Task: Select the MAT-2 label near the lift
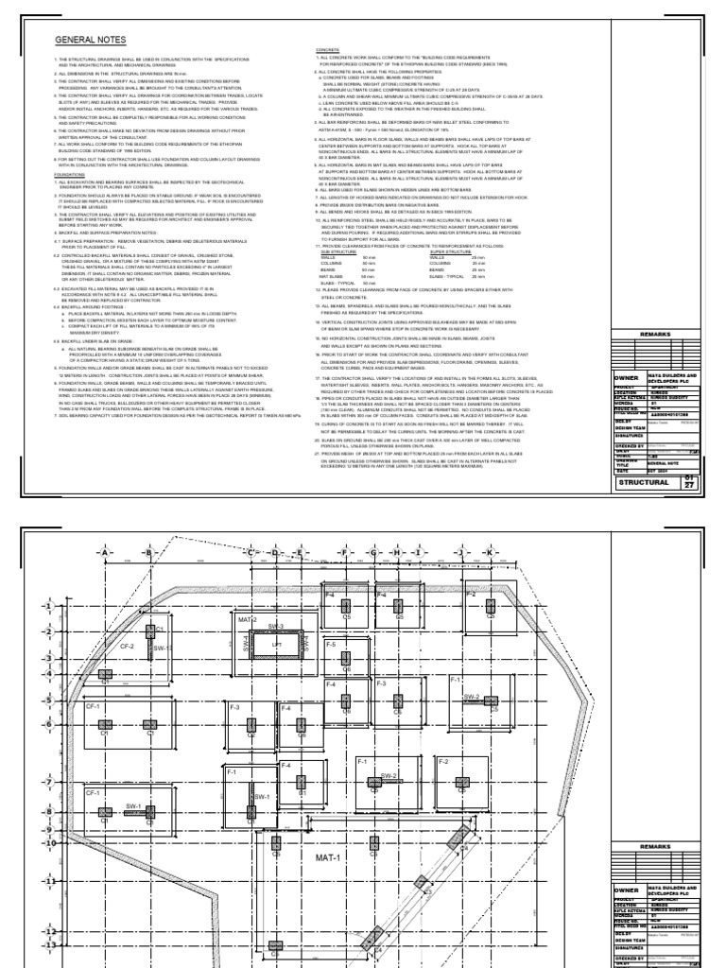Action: pyautogui.click(x=248, y=619)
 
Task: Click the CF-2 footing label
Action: pyautogui.click(x=127, y=647)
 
